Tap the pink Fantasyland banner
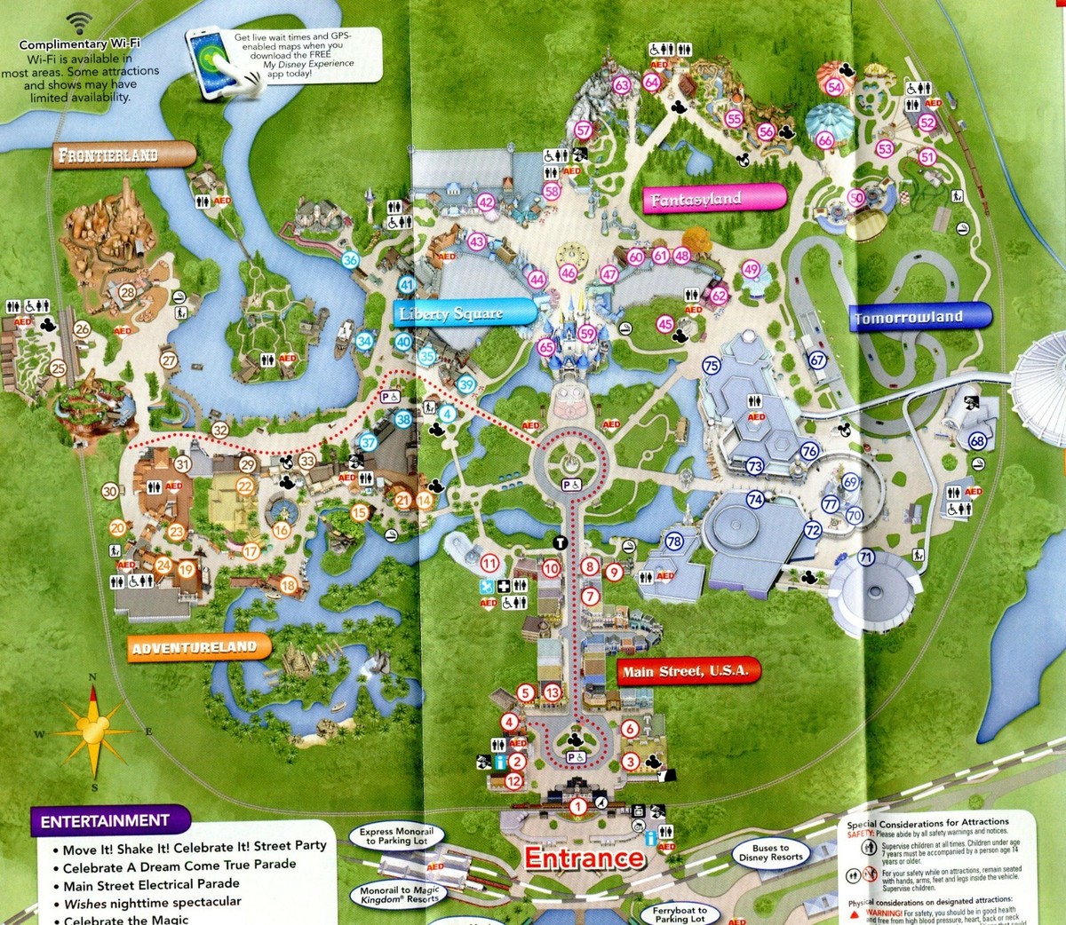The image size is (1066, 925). (713, 199)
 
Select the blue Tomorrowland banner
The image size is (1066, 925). (919, 317)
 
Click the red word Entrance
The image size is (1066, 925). (584, 858)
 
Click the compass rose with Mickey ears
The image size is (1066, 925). (92, 730)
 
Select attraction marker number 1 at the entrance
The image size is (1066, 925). (578, 806)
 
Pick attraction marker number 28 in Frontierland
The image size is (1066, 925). (128, 292)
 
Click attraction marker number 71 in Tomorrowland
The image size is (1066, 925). (866, 557)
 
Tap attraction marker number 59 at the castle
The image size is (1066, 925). (586, 334)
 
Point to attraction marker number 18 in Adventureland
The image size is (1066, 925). (288, 584)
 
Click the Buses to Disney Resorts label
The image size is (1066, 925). (770, 853)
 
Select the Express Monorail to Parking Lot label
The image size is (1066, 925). (396, 836)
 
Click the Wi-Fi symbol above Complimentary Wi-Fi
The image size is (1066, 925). (80, 22)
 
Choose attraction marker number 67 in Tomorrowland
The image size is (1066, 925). (817, 360)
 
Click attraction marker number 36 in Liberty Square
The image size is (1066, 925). (350, 260)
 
